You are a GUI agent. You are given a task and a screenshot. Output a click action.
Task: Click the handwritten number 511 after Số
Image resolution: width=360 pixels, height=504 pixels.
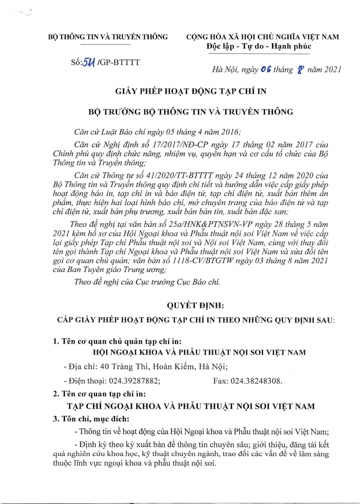pyautogui.click(x=89, y=63)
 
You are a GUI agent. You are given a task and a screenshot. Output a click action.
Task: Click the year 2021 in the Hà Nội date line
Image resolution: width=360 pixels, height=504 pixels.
pyautogui.click(x=333, y=70)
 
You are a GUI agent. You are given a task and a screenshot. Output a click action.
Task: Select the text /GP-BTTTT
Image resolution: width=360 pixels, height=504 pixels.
pyautogui.click(x=118, y=62)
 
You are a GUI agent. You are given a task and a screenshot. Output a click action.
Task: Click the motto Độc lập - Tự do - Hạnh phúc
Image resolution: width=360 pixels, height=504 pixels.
pyautogui.click(x=259, y=46)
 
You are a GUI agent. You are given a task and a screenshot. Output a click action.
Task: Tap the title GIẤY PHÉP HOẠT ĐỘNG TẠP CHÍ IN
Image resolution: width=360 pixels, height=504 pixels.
pyautogui.click(x=191, y=92)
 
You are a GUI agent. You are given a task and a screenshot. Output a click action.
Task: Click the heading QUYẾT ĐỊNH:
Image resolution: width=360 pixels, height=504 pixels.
pyautogui.click(x=195, y=305)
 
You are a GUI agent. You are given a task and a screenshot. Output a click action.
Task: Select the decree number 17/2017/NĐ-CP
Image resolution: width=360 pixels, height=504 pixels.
pyautogui.click(x=180, y=145)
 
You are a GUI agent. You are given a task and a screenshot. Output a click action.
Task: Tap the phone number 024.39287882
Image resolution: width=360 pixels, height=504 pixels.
pyautogui.click(x=134, y=381)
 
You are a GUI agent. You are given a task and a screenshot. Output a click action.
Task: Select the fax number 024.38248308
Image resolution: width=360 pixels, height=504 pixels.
pyautogui.click(x=256, y=381)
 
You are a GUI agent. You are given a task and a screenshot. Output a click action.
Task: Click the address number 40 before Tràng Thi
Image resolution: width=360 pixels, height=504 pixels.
pyautogui.click(x=105, y=367)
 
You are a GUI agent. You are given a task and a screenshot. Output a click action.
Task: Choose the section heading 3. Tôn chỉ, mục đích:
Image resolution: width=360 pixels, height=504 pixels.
pyautogui.click(x=91, y=419)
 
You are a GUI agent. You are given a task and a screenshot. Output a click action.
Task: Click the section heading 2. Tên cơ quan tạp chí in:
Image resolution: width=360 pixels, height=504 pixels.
pyautogui.click(x=99, y=394)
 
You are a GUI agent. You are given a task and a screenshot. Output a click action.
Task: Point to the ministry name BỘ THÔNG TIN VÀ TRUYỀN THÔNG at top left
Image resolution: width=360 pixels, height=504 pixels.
pyautogui.click(x=108, y=37)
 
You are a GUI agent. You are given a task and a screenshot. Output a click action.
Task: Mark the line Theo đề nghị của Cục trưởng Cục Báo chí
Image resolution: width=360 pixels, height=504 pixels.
pyautogui.click(x=147, y=282)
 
